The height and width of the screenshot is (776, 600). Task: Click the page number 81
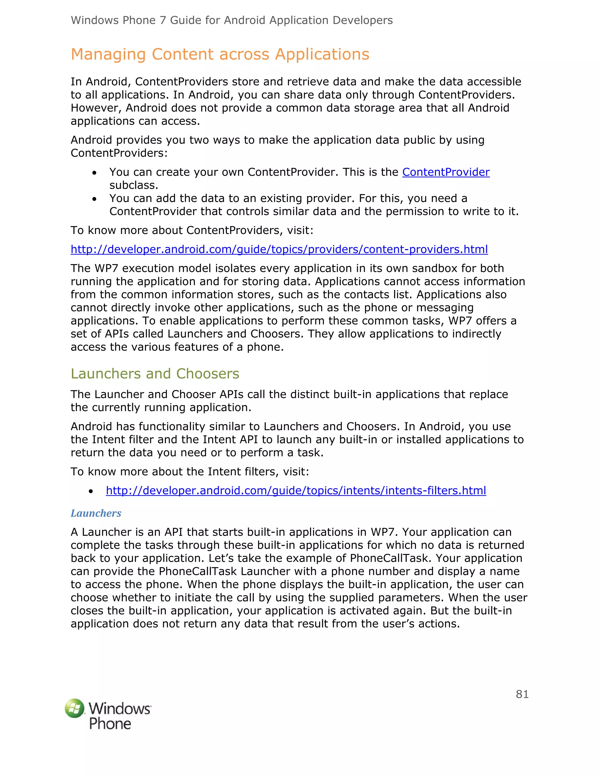[522, 694]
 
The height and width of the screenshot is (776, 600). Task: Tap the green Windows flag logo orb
[75, 708]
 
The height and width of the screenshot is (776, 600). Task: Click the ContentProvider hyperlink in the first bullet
[446, 172]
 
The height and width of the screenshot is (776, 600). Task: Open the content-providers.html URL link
[279, 249]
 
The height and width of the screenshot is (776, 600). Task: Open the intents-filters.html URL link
[296, 491]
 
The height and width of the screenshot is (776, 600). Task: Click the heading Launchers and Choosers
[155, 374]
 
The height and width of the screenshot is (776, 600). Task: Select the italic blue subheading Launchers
[96, 513]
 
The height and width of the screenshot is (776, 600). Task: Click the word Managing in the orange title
[108, 54]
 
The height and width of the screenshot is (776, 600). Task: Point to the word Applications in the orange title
[322, 54]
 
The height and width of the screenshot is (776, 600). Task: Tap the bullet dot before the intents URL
[91, 491]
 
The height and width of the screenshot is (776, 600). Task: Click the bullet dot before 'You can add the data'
[94, 199]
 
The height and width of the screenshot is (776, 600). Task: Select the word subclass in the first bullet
[133, 185]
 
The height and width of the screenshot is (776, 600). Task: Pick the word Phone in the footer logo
[110, 723]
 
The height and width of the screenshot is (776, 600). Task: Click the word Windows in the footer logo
[120, 708]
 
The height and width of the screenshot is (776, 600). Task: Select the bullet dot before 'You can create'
[94, 173]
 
